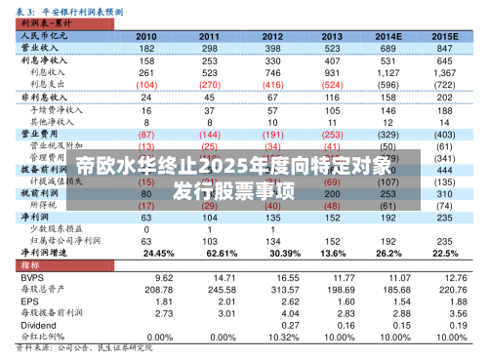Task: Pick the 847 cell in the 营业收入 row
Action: [x=445, y=47]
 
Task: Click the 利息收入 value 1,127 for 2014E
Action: [x=389, y=72]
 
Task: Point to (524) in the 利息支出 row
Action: [x=332, y=85]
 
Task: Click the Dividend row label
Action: [x=35, y=327]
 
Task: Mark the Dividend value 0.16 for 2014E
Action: [x=389, y=327]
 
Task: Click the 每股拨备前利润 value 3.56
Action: [x=445, y=314]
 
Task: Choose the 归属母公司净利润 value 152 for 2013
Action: [x=333, y=239]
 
